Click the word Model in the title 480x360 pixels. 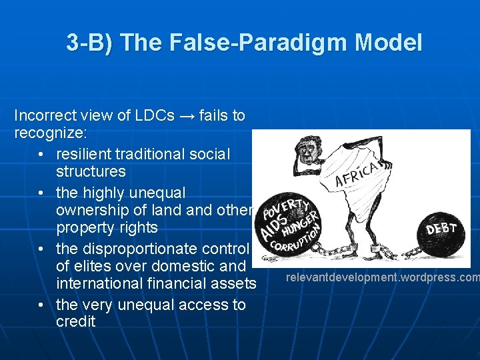pyautogui.click(x=389, y=43)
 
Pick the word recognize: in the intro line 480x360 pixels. pyautogui.click(x=47, y=133)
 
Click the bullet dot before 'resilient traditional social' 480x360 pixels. pyautogui.click(x=42, y=155)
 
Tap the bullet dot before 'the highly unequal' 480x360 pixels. pyautogui.click(x=42, y=193)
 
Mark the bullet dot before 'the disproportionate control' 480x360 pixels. pyautogui.click(x=42, y=249)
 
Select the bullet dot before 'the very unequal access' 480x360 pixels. pyautogui.click(x=42, y=305)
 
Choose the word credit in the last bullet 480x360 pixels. pyautogui.click(x=76, y=321)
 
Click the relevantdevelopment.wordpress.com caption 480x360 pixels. pyautogui.click(x=383, y=277)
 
